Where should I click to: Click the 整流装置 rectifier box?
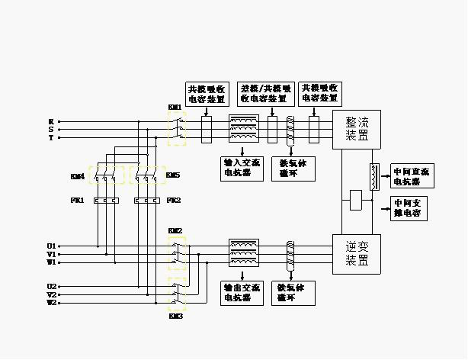357,130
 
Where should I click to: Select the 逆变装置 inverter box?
357,254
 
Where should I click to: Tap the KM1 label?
175,108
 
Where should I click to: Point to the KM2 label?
175,230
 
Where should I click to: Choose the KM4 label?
77,176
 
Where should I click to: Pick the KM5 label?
173,176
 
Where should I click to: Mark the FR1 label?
77,201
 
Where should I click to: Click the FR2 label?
173,201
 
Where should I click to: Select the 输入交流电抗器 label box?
242,167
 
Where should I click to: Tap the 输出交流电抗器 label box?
242,293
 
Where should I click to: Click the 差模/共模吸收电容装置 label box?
263,93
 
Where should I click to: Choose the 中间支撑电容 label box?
409,209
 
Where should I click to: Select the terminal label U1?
51,246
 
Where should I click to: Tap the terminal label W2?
51,303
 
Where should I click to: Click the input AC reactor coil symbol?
244,130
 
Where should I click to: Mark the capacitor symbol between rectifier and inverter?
354,201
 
